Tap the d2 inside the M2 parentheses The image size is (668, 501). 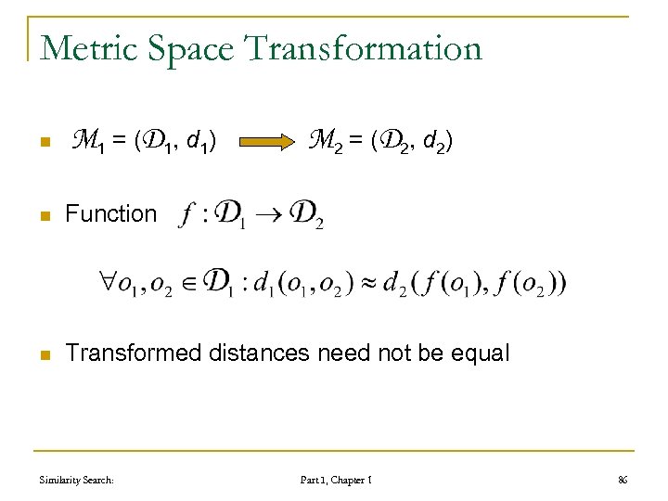433,143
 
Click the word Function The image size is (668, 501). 111,213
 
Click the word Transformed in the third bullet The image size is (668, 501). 135,353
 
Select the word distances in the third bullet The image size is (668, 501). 259,353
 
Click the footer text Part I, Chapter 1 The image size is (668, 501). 336,480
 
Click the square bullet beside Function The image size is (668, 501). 43,214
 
